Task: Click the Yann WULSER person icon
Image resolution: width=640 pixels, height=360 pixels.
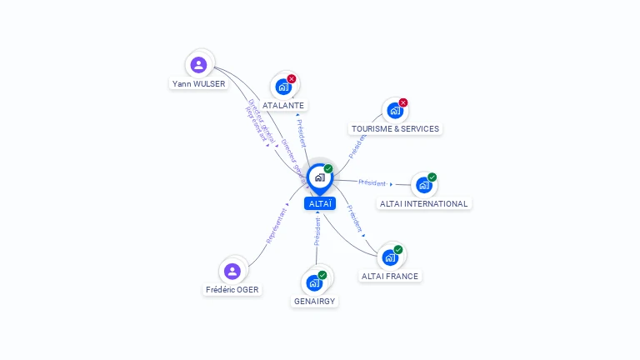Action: coord(198,64)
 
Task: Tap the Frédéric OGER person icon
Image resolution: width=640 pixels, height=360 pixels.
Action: coord(232,271)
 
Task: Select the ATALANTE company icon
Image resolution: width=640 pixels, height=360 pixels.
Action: coord(283,87)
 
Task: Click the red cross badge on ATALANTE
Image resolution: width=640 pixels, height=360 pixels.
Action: coord(292,79)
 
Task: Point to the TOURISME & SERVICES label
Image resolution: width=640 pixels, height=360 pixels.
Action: coord(395,128)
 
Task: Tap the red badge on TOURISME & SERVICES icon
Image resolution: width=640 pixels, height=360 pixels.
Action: coord(403,102)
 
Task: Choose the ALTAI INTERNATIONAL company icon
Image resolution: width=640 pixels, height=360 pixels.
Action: coord(423,185)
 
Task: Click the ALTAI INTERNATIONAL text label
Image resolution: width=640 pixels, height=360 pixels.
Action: coord(424,203)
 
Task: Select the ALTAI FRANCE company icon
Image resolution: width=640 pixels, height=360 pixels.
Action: coord(389,257)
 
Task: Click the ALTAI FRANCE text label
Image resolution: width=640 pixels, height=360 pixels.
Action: coord(390,276)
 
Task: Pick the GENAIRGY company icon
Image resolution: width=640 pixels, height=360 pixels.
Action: coord(314,282)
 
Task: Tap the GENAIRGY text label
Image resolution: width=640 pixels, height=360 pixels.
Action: coord(315,301)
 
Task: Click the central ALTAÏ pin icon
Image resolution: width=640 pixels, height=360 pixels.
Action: coord(319,177)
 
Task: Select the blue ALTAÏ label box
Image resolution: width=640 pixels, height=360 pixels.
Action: coord(319,203)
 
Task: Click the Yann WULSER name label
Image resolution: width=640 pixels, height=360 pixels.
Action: coord(198,83)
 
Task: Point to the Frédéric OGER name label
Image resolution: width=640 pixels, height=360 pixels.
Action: coord(232,289)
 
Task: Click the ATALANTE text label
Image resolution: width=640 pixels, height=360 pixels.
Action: coord(283,106)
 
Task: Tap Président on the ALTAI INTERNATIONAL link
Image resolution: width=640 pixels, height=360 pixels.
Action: coord(372,182)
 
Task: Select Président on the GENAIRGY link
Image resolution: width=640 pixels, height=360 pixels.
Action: coord(317,232)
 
